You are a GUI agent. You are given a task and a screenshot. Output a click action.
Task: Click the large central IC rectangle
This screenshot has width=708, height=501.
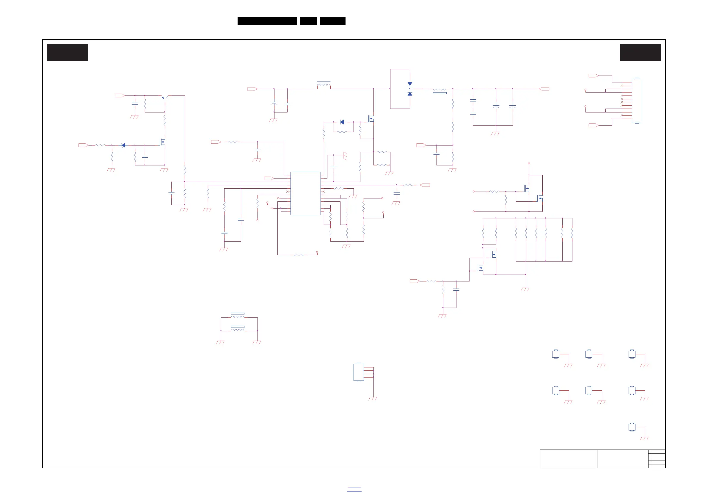[x=305, y=193]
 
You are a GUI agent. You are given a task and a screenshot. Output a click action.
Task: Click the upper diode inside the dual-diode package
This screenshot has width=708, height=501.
[x=410, y=84]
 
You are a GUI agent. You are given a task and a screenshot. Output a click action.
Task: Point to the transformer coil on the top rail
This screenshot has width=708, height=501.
[x=324, y=84]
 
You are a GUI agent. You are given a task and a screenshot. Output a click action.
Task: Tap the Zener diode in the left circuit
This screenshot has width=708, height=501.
[x=123, y=145]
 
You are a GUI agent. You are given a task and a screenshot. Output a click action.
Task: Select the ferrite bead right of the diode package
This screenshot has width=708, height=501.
[x=439, y=91]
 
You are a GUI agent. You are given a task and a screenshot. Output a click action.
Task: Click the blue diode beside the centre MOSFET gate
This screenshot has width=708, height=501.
[x=342, y=122]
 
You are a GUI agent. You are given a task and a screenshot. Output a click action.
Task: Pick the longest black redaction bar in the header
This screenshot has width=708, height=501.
[x=267, y=21]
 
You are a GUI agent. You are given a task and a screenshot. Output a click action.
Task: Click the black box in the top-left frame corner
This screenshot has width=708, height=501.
[x=67, y=52]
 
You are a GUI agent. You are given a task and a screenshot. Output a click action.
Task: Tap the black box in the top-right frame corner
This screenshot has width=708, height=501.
[x=641, y=52]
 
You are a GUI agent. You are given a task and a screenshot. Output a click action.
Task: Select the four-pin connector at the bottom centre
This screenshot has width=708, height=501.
[x=359, y=372]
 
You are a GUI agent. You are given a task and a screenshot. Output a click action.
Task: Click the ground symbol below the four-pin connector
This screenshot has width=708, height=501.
[x=373, y=399]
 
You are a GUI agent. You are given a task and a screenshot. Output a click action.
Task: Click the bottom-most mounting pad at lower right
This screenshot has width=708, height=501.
[x=632, y=427]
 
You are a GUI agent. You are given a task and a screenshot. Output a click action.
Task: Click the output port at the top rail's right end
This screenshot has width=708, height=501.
[x=544, y=89]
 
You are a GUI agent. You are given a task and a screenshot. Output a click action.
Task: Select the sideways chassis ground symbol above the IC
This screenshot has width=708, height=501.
[x=345, y=156]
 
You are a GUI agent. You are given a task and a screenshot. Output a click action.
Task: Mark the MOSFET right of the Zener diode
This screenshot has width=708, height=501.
[x=163, y=142]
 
